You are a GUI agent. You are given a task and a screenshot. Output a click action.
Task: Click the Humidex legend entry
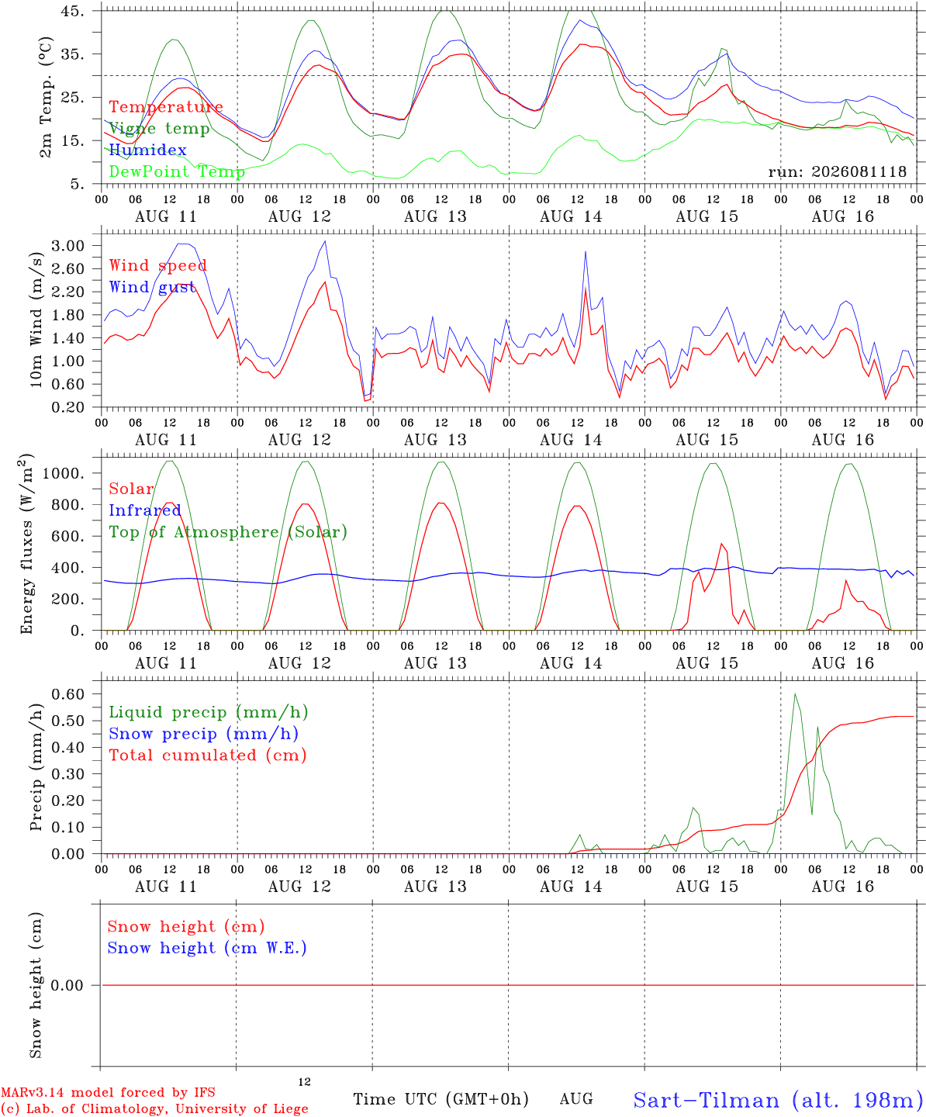tap(147, 150)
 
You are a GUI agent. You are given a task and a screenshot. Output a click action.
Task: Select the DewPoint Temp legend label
tap(177, 171)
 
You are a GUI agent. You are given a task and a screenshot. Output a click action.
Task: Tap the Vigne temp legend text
tap(159, 129)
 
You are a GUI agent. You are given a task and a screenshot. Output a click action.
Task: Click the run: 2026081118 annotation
tap(837, 171)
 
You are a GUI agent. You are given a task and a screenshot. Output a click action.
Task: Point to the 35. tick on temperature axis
tap(72, 54)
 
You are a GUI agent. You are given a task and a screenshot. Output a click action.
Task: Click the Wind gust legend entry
tap(152, 287)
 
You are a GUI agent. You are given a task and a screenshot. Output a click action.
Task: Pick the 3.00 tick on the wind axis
tap(68, 246)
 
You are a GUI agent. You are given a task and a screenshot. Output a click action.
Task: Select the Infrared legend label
tap(145, 510)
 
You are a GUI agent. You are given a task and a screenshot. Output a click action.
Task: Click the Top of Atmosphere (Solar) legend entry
tap(228, 532)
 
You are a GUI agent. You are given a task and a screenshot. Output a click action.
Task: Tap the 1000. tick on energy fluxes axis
tap(64, 473)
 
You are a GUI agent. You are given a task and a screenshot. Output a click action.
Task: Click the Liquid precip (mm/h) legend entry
tap(209, 713)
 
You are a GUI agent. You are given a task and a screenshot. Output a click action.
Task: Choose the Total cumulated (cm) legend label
tap(208, 756)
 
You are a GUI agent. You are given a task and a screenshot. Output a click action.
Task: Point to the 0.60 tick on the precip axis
tap(68, 694)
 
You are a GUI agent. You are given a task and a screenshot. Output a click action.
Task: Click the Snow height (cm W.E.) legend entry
tap(207, 948)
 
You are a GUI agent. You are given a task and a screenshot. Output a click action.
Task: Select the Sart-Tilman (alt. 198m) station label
tap(779, 1100)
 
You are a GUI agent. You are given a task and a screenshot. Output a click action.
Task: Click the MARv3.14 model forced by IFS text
tap(108, 1092)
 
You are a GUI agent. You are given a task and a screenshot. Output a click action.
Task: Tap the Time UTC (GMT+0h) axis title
tap(441, 1099)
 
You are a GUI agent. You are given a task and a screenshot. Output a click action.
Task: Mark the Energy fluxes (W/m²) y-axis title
tap(26, 544)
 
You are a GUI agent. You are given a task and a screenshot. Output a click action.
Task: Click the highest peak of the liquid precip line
tap(795, 694)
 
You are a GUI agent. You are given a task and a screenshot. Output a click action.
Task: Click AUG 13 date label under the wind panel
tap(435, 440)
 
